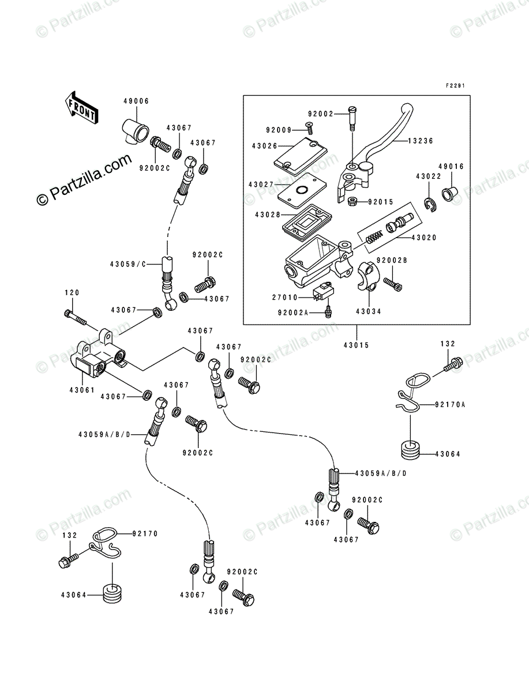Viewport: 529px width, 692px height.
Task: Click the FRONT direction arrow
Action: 81,107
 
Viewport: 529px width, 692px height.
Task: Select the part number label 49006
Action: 136,101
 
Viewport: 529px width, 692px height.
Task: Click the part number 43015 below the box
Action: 357,345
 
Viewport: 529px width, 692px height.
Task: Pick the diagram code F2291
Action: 456,85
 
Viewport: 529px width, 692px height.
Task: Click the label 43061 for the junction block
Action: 82,390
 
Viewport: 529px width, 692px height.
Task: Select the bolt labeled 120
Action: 75,317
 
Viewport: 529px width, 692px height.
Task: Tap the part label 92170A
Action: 450,404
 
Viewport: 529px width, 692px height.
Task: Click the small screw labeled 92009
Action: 309,126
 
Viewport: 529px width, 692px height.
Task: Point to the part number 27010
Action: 285,298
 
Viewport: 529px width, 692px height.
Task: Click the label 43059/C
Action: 128,264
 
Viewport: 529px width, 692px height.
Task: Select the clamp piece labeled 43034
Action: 366,276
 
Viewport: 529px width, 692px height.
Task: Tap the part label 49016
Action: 451,167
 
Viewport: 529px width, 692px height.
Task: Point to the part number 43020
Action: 423,238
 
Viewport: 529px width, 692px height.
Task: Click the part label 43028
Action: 268,215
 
